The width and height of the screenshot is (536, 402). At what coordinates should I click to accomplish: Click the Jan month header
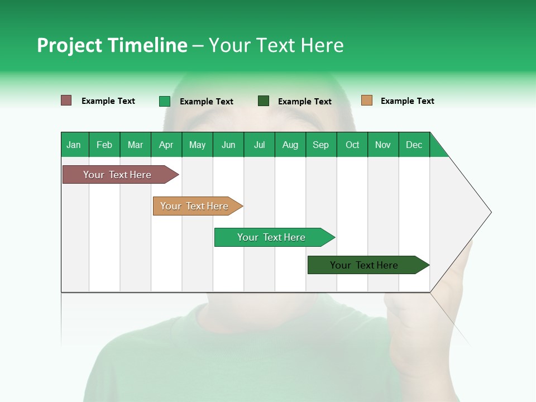[74, 145]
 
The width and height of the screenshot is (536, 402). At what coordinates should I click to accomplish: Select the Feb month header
[104, 145]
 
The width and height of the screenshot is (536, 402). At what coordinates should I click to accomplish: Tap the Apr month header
[166, 145]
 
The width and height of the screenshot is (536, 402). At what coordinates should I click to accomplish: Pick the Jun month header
[228, 145]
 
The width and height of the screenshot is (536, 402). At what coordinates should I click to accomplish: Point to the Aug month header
[290, 145]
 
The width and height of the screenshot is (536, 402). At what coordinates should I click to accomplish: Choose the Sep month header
[320, 145]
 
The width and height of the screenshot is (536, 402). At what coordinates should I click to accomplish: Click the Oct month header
[352, 145]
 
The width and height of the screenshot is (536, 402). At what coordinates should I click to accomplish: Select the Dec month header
[414, 145]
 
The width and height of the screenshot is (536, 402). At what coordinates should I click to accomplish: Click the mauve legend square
[66, 100]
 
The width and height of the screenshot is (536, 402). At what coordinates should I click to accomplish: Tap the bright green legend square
[165, 101]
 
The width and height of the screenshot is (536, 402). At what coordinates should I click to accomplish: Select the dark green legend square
[264, 100]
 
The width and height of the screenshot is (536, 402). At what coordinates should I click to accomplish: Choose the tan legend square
[367, 100]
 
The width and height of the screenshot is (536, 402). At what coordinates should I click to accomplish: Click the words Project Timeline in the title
[112, 45]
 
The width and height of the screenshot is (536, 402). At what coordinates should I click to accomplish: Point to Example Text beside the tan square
[407, 101]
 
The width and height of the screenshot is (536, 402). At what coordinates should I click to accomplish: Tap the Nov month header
[383, 145]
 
